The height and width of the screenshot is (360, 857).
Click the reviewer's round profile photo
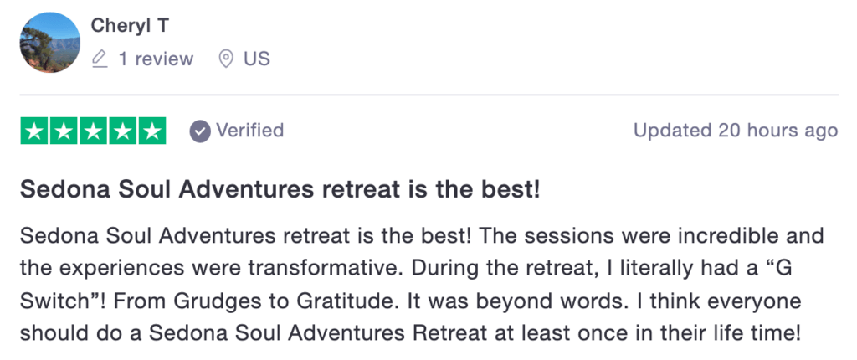(x=50, y=42)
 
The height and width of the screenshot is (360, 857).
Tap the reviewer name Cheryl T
(x=130, y=25)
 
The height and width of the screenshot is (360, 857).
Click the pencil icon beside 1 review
(x=100, y=59)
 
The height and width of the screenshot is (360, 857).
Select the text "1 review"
(x=156, y=59)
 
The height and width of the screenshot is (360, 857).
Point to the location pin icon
(x=226, y=59)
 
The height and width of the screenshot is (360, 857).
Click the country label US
(x=257, y=59)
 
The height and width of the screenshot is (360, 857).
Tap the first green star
(x=34, y=131)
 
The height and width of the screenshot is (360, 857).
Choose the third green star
(x=94, y=131)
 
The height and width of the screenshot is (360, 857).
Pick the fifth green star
(x=152, y=131)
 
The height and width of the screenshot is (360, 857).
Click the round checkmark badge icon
(x=200, y=131)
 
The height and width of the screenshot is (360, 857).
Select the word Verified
(x=249, y=131)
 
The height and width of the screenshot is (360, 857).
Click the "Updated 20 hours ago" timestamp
(x=736, y=131)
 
